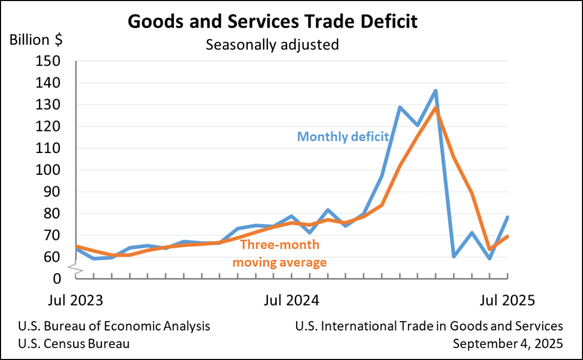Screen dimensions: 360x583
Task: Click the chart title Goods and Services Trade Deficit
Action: coord(272,21)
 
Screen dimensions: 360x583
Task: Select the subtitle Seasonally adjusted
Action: coord(272,44)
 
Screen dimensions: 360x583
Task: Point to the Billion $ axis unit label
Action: coord(36,40)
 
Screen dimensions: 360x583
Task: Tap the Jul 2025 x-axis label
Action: coord(507,300)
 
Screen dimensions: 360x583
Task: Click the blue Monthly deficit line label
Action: coord(343,137)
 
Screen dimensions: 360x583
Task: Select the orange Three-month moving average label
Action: coord(280,253)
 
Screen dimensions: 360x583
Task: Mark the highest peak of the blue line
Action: coord(436,91)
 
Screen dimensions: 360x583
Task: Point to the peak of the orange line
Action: coord(436,108)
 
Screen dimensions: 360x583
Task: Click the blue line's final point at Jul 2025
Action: coord(508,217)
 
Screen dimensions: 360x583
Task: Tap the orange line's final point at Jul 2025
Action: coord(508,236)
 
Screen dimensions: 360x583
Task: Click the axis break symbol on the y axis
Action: coord(76,268)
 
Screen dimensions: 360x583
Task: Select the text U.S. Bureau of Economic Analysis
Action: coord(114,327)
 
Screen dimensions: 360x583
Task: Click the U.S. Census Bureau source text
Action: coord(74,344)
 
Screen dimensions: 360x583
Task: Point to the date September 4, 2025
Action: coord(508,344)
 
